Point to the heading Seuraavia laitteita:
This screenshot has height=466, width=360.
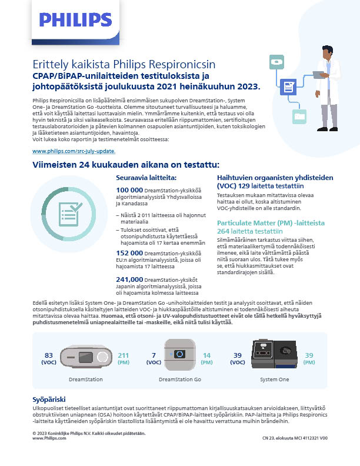point(145,177)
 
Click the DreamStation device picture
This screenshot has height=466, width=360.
point(86,358)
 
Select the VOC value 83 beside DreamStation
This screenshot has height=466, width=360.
point(49,355)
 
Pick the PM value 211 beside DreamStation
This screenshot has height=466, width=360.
point(124,355)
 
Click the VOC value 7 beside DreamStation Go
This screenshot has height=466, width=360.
point(154,355)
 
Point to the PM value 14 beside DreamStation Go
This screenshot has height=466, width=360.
point(207,355)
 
